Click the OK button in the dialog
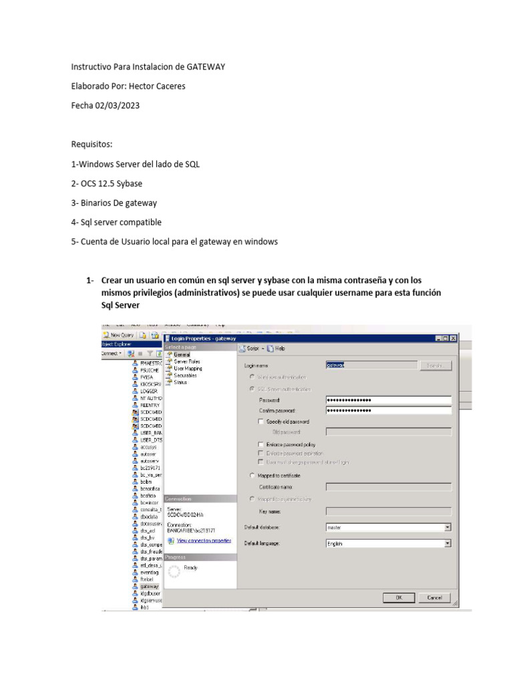point(398,598)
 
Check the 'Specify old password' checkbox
point(261,421)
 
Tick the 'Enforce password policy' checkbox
point(261,444)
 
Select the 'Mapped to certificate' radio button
point(251,476)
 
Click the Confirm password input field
point(388,411)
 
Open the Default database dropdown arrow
point(448,527)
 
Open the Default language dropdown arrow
point(448,544)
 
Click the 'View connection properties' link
point(204,540)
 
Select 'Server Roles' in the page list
point(187,361)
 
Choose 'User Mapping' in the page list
point(188,368)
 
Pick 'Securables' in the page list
point(185,375)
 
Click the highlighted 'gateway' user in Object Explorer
point(149,586)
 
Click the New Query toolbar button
point(118,335)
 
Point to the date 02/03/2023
point(118,105)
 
